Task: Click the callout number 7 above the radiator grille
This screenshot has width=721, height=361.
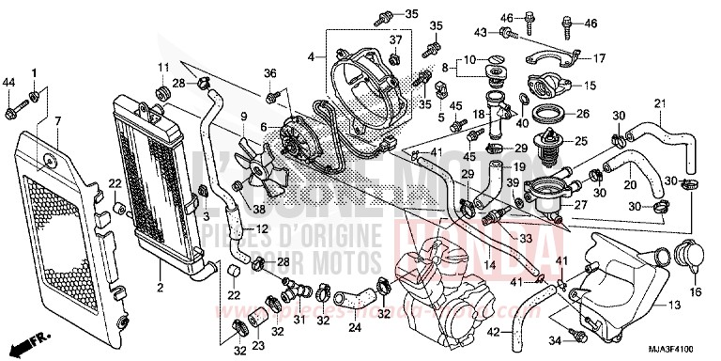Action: pos(57,121)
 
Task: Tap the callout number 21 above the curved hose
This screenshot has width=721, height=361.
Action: pos(659,102)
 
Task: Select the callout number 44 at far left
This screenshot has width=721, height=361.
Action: pos(9,83)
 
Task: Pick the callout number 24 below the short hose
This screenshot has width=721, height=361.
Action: pos(354,329)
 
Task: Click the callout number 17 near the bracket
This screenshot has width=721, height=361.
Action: pos(598,59)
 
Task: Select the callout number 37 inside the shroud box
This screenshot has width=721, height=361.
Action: pos(395,39)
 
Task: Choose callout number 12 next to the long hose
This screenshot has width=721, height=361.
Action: pos(263,228)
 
